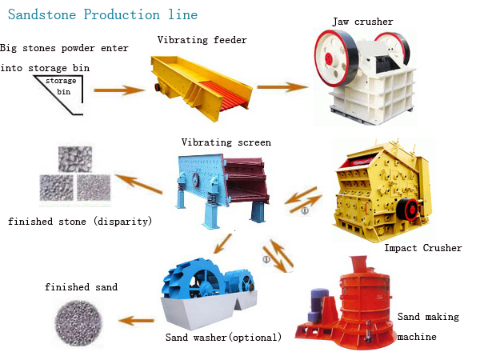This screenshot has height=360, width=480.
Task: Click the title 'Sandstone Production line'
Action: point(102,15)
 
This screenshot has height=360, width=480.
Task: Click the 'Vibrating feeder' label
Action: point(202,39)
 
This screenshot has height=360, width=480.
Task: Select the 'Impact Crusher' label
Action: point(422,248)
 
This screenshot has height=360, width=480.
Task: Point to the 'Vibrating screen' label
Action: point(226,142)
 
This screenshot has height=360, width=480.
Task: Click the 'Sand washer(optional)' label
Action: point(223,337)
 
